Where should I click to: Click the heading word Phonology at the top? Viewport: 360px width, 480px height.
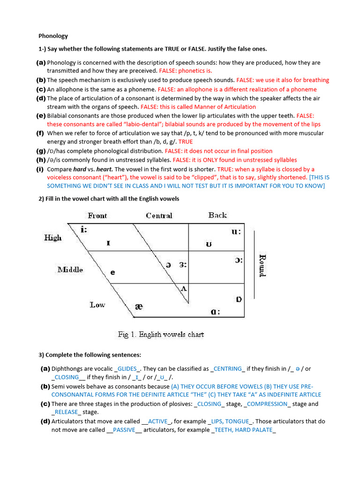pos(53,36)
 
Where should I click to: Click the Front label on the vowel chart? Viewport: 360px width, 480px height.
pos(97,216)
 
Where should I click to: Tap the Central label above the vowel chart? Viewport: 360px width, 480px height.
pos(159,216)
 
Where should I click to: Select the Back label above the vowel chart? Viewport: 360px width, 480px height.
pos(217,215)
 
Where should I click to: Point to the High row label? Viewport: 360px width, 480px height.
pos(53,238)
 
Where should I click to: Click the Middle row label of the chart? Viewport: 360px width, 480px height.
pos(70,270)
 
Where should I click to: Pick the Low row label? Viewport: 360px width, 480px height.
pos(97,305)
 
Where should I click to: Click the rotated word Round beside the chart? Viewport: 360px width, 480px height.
pos(262,265)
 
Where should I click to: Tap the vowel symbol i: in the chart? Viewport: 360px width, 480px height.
pos(84,230)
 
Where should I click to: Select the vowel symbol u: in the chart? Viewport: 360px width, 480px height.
pos(234,231)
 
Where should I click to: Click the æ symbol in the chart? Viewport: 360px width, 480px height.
pos(139,307)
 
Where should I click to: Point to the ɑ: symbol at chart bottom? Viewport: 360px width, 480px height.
pos(216,312)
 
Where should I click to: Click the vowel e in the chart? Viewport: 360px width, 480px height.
pos(112,272)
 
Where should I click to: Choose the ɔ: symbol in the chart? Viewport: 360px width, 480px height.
pos(239,261)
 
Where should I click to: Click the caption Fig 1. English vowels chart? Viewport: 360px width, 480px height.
pos(161,335)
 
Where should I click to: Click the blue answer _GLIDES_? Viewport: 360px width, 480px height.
pos(128,369)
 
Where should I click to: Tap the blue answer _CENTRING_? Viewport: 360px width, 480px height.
pos(228,369)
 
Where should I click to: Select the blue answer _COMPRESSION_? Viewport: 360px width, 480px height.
pos(268,404)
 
